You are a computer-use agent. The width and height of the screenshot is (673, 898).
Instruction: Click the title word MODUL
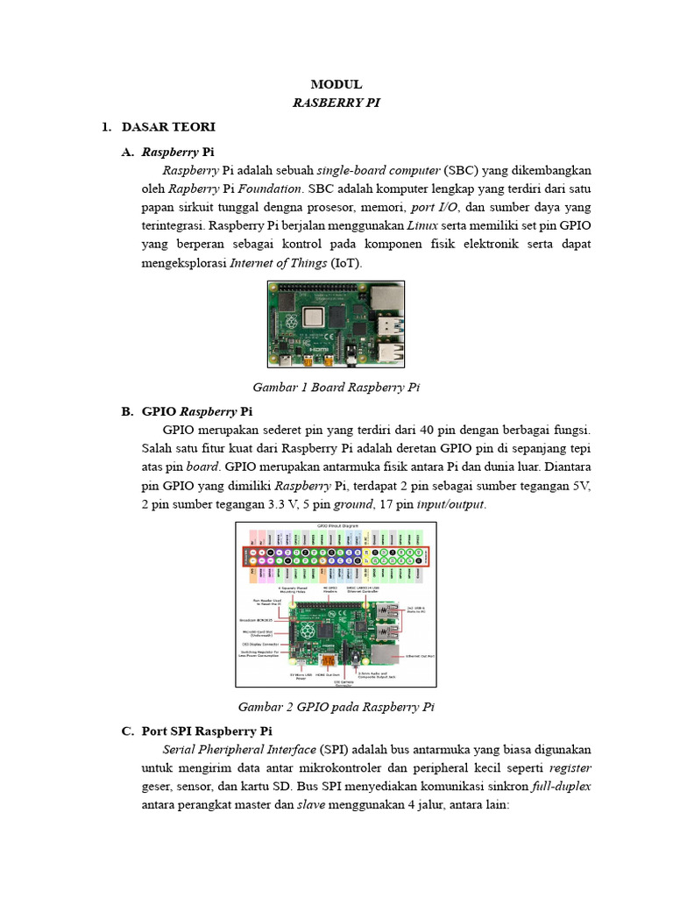coord(336,84)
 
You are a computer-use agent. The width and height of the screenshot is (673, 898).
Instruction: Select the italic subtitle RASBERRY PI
coord(336,103)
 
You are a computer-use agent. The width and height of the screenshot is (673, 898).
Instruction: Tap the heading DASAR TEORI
coord(168,127)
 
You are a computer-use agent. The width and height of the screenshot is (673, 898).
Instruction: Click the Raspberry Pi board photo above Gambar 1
coord(336,324)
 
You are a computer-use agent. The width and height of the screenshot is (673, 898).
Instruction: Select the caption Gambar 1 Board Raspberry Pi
coord(336,387)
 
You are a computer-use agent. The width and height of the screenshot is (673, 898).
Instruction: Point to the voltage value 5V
coord(581,486)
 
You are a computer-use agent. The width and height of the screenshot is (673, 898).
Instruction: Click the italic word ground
coord(353,505)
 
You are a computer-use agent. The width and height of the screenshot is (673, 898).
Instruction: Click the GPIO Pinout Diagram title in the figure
coord(336,526)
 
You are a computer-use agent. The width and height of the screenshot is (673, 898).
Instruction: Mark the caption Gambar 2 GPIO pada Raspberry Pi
coord(336,706)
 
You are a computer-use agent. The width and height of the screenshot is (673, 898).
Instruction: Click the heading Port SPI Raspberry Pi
coord(206,731)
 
